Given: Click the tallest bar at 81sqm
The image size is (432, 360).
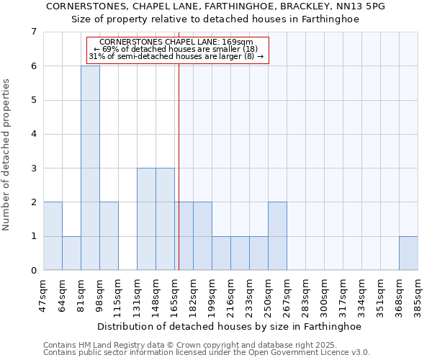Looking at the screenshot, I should click(x=90, y=168).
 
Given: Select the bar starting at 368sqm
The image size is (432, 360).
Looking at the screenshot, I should click(x=408, y=253).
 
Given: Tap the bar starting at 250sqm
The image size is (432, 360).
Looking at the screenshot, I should click(x=277, y=236).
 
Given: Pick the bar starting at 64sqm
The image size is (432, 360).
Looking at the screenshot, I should click(x=71, y=253).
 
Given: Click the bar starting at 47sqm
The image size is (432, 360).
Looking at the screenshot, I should click(x=53, y=236).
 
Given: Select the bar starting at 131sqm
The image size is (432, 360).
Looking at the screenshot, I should click(x=146, y=219).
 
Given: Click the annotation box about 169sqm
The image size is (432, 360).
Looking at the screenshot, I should click(x=177, y=50).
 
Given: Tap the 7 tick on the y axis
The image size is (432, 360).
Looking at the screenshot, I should click(x=33, y=32).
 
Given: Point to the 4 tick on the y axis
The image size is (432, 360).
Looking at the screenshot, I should click(x=33, y=135).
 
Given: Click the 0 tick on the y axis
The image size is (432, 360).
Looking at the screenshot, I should click(x=33, y=271).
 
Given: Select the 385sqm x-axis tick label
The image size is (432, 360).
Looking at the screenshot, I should click(x=418, y=295).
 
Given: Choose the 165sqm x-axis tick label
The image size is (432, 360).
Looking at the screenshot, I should click(x=175, y=295).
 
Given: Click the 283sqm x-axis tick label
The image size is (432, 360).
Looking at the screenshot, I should click(x=306, y=295).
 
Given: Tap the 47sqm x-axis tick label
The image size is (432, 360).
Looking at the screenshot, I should click(x=44, y=295).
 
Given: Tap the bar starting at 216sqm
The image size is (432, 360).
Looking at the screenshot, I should click(x=240, y=253).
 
